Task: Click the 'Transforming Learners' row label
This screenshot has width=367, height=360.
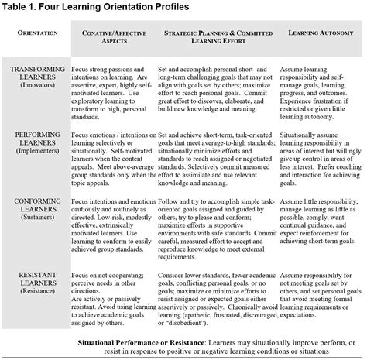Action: coord(36,74)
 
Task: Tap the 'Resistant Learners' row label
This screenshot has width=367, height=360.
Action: coord(36,276)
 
